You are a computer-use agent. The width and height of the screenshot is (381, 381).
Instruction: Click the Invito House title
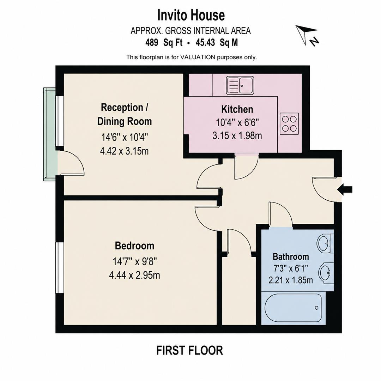[x=191, y=15]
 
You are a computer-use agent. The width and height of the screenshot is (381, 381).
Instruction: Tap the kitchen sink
[x=240, y=85]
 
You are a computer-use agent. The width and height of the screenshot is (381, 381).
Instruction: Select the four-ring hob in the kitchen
[x=289, y=124]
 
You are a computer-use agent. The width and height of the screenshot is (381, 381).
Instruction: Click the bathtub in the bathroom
[x=293, y=308]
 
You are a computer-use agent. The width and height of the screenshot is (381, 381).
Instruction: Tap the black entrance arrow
[x=345, y=189]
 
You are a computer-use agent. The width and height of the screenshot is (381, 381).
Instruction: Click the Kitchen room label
[x=237, y=109]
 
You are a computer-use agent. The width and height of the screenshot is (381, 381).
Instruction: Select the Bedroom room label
[x=134, y=246]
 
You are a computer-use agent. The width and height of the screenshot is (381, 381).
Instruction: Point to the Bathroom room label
[x=291, y=256]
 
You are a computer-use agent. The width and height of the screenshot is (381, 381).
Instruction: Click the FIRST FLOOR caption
[x=189, y=350]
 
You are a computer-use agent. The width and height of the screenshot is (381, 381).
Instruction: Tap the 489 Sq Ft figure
[x=164, y=43]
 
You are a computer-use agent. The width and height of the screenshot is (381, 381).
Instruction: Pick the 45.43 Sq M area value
[x=217, y=43]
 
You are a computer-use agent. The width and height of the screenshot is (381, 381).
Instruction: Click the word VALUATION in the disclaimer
[x=197, y=58]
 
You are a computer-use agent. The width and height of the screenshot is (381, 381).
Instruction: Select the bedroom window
[x=60, y=267]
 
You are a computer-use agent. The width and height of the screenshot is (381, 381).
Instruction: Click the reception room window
[x=60, y=121]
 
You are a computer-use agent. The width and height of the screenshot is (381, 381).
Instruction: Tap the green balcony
[x=50, y=134]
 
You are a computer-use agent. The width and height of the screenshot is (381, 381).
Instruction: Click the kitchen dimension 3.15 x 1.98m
[x=237, y=135]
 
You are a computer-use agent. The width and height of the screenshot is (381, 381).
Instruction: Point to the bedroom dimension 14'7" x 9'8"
[x=134, y=262]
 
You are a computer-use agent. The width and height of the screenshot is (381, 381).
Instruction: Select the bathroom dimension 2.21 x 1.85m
[x=291, y=280]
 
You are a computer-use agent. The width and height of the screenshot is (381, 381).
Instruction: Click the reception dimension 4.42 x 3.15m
[x=124, y=151]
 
